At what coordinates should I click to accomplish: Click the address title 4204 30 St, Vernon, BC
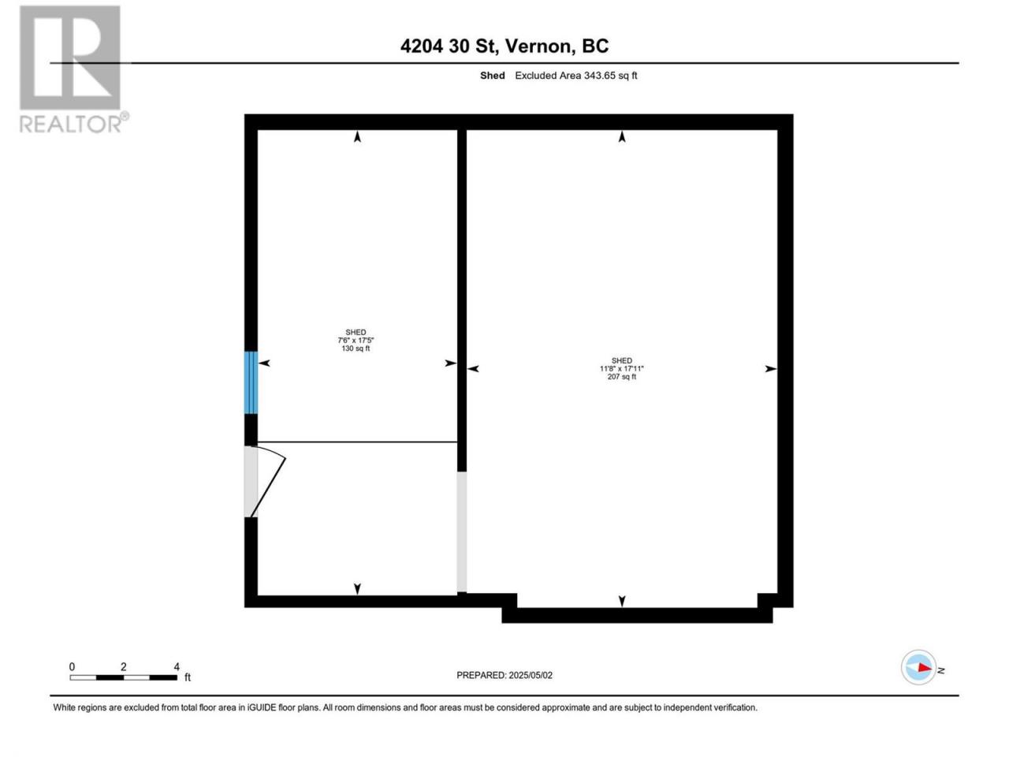504,46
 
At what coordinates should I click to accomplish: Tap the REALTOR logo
73,69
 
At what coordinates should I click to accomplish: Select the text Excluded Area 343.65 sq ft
576,76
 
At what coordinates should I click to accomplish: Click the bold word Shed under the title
493,76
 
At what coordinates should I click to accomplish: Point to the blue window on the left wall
251,382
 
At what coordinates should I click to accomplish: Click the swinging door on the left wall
265,481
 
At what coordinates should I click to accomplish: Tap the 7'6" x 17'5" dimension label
356,340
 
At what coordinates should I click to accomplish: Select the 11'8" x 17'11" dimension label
621,368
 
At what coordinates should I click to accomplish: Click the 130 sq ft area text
356,349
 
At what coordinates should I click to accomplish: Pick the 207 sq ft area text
621,377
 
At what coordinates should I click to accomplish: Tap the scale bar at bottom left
123,677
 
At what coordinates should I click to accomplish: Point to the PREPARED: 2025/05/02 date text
504,675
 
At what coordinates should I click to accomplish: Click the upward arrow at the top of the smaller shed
357,136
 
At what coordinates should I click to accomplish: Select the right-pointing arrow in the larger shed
770,368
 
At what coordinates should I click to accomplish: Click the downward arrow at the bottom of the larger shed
622,601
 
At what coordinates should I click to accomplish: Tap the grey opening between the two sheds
461,531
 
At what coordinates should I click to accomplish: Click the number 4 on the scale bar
177,666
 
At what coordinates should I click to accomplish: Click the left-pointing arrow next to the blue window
264,363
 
